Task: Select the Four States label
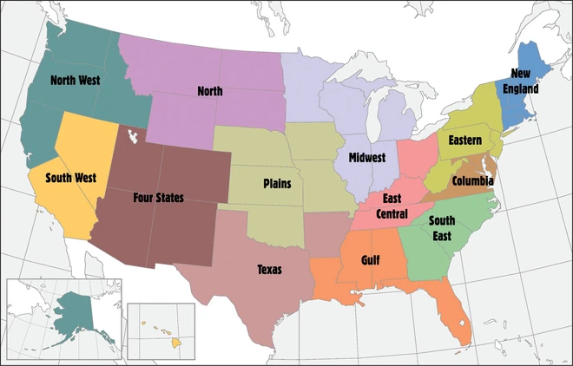(158, 198)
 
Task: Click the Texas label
(269, 269)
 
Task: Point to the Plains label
(277, 184)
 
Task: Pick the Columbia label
(471, 180)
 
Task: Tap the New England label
(525, 81)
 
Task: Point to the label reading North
(209, 90)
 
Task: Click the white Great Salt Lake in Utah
(133, 136)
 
